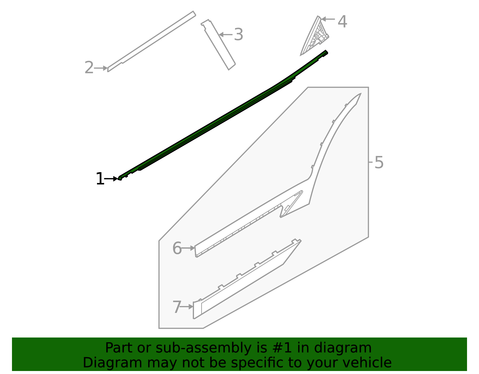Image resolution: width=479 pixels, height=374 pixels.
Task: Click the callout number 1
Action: [100, 179]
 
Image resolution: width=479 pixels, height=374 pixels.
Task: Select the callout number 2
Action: [89, 68]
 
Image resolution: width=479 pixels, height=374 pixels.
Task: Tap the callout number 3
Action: [238, 35]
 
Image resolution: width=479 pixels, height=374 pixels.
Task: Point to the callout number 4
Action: [342, 22]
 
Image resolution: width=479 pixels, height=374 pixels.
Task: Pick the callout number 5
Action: [379, 163]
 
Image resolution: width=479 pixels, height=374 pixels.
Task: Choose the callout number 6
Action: [177, 249]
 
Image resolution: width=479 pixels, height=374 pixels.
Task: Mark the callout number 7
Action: [177, 307]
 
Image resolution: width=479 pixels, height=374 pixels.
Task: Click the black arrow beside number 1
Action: [111, 179]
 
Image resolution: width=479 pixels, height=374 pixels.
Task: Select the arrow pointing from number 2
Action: [101, 68]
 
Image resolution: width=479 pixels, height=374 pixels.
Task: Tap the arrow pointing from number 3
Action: [226, 35]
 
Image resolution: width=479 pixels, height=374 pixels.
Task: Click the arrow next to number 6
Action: [188, 248]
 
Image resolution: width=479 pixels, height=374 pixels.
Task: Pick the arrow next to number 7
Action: [187, 307]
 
